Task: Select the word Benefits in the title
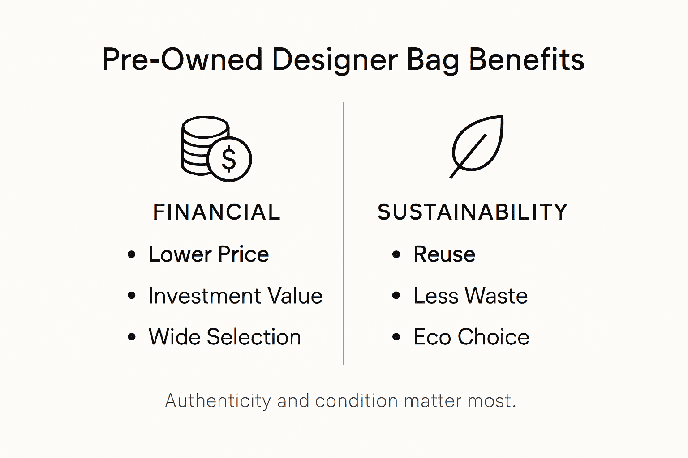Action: pos(526,59)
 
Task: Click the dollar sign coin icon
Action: pos(229,159)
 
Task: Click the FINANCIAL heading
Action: pos(217,212)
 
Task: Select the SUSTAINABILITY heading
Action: pos(473,212)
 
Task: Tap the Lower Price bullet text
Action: pos(209,254)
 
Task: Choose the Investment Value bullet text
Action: pos(235,296)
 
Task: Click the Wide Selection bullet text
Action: pos(224,337)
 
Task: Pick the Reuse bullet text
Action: pos(444,254)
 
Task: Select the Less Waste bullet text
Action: pos(470,296)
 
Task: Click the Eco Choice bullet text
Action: pos(471,337)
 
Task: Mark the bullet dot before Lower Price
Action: pos(131,255)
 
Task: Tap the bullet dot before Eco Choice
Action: pos(396,337)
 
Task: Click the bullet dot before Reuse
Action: pos(396,255)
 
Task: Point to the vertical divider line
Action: pos(343,233)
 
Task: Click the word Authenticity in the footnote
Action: pos(218,401)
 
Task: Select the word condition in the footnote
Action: pos(356,401)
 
